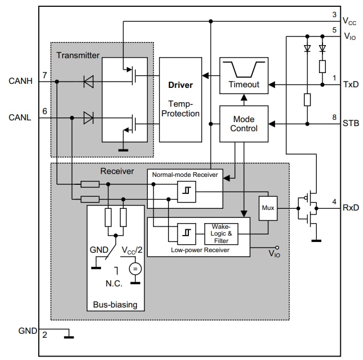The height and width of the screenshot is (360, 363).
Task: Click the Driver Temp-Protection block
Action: (x=180, y=99)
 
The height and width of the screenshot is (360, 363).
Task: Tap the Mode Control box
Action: (x=244, y=124)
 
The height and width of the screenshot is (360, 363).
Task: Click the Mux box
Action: (x=268, y=208)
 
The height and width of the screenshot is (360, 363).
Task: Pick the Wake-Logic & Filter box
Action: (x=221, y=233)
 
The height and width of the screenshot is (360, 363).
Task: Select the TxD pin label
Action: (x=350, y=84)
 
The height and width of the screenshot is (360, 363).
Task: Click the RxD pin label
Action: (x=350, y=208)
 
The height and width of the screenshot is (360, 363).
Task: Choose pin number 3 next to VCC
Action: (x=334, y=14)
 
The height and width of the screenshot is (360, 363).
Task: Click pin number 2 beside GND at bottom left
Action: (x=45, y=334)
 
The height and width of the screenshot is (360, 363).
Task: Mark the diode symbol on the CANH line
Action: (x=88, y=82)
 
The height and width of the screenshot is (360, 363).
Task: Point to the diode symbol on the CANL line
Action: (x=88, y=118)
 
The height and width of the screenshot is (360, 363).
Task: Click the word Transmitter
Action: (x=78, y=55)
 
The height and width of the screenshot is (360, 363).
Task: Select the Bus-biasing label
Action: (x=115, y=305)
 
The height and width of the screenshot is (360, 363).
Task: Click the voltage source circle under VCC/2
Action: (x=135, y=268)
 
